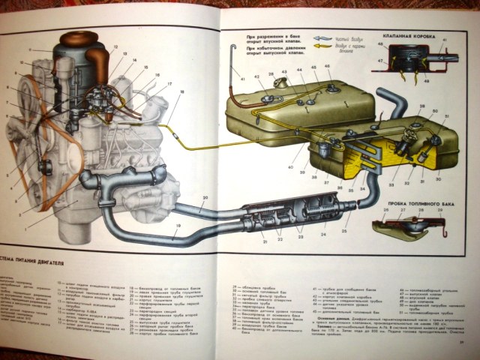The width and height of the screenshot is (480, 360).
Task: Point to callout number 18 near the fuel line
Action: coord(181,91)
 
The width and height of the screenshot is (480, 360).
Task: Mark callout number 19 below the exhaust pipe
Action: coord(179,226)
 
